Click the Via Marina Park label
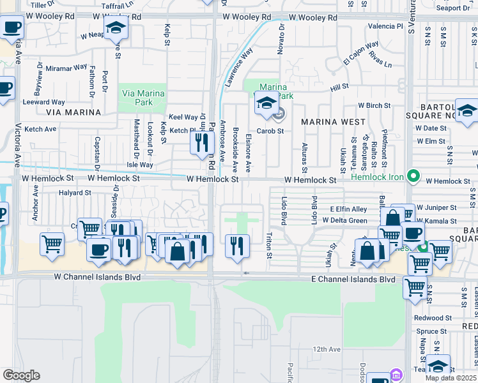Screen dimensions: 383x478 143,98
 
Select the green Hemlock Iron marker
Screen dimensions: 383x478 413,174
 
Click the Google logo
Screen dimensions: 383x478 21,375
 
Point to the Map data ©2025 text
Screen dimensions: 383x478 451,378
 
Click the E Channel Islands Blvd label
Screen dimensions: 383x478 353,280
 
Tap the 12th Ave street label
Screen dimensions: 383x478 327,349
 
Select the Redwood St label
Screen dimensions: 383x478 433,317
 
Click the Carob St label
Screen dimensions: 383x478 270,130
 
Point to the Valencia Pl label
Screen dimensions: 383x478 386,26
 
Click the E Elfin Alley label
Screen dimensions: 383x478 348,209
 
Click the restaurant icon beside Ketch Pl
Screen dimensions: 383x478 200,143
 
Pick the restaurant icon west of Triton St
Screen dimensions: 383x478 237,246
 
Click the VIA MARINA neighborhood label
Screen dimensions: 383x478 73,112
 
